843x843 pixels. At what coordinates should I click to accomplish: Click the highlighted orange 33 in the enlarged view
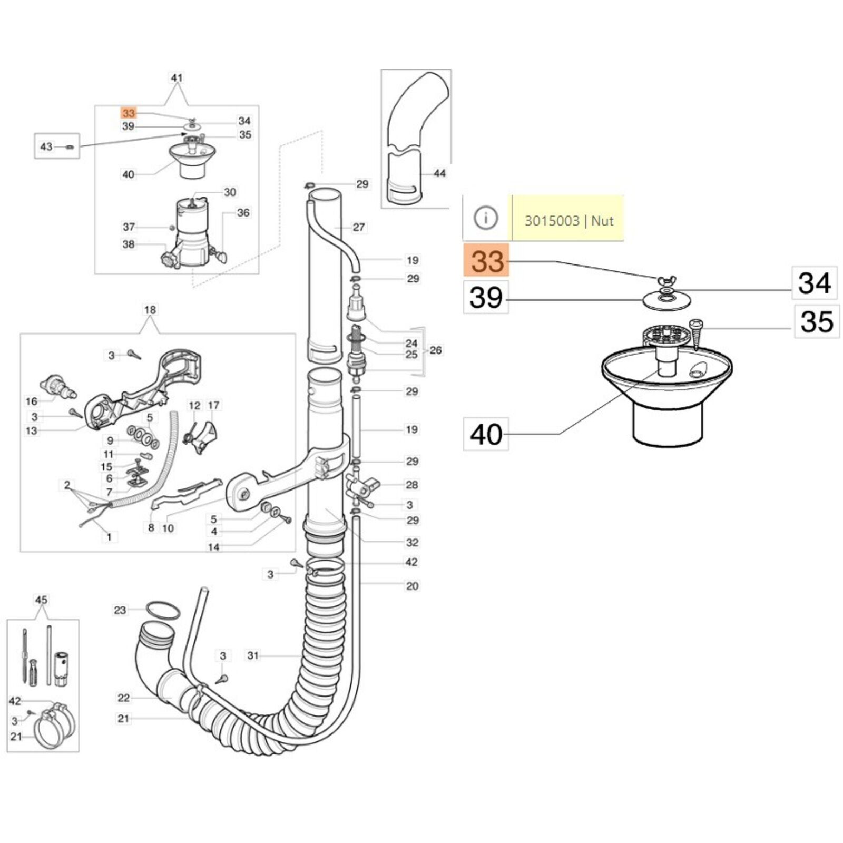pos(486,261)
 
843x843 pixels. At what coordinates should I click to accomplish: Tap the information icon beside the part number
pos(485,218)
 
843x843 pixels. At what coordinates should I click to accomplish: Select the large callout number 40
pos(486,434)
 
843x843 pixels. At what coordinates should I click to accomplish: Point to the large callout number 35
pos(817,321)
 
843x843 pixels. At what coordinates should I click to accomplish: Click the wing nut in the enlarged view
pos(666,281)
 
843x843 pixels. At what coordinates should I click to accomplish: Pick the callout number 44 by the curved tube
pos(439,173)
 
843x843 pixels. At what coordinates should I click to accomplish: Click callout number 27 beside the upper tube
pos(359,227)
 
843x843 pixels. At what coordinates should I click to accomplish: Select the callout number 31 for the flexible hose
pos(253,655)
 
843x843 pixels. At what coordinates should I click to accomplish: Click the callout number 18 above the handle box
pos(150,309)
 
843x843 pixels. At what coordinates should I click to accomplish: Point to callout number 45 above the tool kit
pos(41,600)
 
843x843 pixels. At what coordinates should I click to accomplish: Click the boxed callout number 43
pos(46,146)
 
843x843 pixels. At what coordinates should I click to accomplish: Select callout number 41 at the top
pos(177,78)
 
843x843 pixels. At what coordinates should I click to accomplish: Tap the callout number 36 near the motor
pos(243,212)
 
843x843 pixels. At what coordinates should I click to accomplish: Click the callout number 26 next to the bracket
pos(436,350)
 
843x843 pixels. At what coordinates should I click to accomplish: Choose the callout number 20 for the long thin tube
pos(412,585)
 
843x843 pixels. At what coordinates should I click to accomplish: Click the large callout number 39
pos(486,298)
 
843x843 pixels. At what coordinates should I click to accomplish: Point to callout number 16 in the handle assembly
pos(32,401)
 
